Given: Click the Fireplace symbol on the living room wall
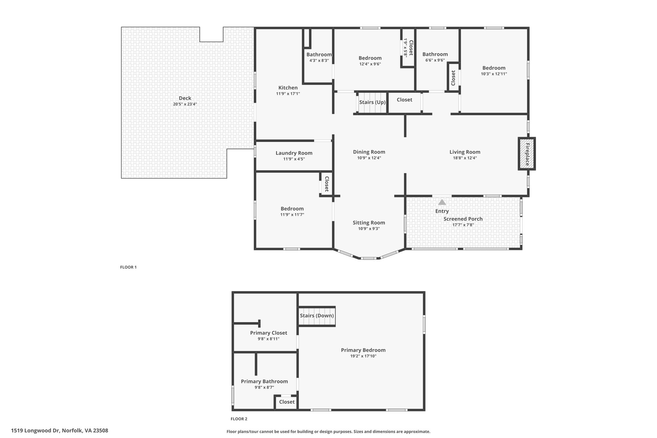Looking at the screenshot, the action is tap(526, 154).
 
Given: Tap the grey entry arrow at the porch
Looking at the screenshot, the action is tap(442, 202).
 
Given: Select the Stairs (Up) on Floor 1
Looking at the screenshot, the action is tap(372, 102).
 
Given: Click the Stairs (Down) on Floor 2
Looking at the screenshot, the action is tap(317, 316).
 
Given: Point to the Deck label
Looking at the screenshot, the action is tap(185, 98).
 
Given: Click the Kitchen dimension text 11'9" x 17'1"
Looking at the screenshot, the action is tap(288, 94).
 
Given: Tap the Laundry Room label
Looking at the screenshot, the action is tap(294, 153).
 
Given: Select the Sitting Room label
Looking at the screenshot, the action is tap(369, 223).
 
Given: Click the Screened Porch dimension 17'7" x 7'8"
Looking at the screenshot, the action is tap(463, 225).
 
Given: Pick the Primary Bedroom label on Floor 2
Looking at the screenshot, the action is tap(363, 350).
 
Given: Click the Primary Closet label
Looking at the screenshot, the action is tap(269, 333).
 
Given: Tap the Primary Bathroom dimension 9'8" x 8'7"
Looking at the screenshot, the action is tap(264, 387).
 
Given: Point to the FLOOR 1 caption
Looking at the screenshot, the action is tap(128, 267).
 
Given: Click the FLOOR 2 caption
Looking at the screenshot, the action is tap(239, 419).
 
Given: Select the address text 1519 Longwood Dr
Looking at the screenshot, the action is tap(36, 431).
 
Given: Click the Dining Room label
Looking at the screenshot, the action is tap(369, 152).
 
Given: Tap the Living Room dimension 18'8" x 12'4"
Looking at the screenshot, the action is tap(465, 158).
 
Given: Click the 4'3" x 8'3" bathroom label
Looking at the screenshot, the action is tap(319, 60).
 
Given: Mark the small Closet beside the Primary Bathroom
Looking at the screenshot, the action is tap(287, 402).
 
